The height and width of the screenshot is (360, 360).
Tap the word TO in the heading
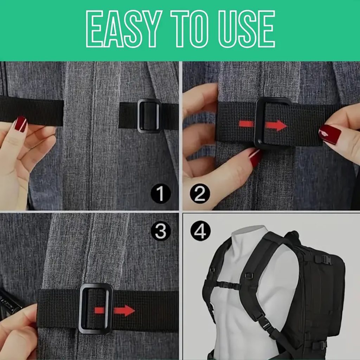(x=189, y=29)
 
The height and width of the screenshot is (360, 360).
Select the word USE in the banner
(x=246, y=29)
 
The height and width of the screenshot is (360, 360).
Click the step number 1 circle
(x=161, y=194)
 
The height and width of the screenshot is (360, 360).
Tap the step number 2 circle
(x=200, y=194)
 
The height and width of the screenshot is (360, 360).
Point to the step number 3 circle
(x=161, y=231)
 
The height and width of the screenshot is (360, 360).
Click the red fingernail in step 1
(x=20, y=124)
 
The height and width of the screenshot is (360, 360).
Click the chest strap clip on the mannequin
(x=233, y=286)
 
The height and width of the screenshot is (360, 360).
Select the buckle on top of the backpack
(x=323, y=259)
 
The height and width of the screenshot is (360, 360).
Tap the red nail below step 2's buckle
(x=255, y=158)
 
